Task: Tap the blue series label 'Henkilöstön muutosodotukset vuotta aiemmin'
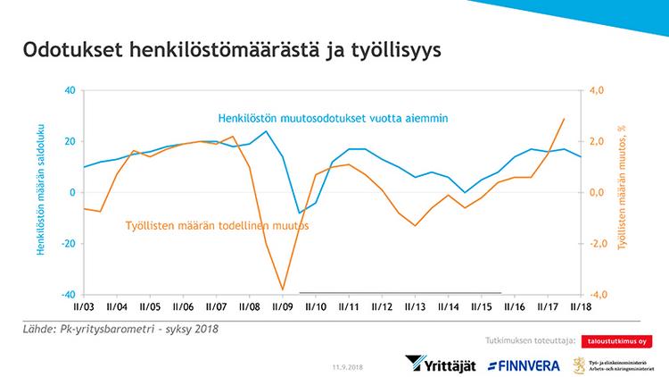point(333,118)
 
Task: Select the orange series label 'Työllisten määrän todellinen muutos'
point(216,226)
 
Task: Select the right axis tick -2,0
point(595,244)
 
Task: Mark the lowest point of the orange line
point(283,289)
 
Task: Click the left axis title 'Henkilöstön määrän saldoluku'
point(41,192)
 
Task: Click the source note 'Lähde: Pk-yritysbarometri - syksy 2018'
point(120,329)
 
